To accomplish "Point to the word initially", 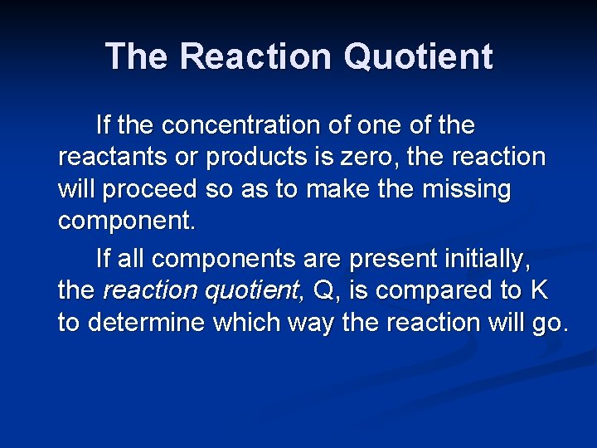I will [x=490, y=260].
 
